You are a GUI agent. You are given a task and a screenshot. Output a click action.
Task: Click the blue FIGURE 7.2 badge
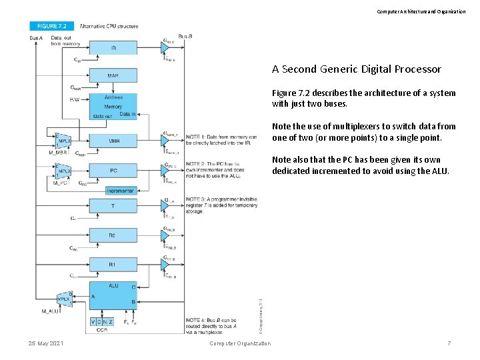pyautogui.click(x=51, y=26)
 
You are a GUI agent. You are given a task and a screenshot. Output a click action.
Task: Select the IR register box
pyautogui.click(x=113, y=47)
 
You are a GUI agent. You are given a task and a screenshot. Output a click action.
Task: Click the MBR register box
pyautogui.click(x=113, y=141)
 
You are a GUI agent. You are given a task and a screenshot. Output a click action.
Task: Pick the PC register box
pyautogui.click(x=113, y=171)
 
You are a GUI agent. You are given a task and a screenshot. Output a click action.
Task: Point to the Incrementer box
pyautogui.click(x=120, y=191)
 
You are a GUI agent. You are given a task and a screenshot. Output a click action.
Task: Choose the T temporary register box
pyautogui.click(x=113, y=206)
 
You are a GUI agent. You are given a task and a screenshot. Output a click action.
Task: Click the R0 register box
pyautogui.click(x=113, y=235)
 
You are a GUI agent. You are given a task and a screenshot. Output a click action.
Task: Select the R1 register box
pyautogui.click(x=113, y=265)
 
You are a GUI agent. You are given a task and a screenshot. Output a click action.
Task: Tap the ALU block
pyautogui.click(x=113, y=296)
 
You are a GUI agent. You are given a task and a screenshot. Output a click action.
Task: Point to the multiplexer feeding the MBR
pyautogui.click(x=64, y=141)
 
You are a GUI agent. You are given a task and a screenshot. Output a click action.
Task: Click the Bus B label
pyautogui.click(x=186, y=35)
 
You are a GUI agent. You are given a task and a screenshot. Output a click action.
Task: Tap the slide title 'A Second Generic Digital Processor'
pyautogui.click(x=356, y=69)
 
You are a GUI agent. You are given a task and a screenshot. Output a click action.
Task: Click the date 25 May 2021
pyautogui.click(x=46, y=343)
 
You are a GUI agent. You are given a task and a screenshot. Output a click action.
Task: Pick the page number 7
pyautogui.click(x=449, y=343)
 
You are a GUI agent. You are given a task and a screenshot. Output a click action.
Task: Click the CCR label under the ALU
pyautogui.click(x=102, y=330)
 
